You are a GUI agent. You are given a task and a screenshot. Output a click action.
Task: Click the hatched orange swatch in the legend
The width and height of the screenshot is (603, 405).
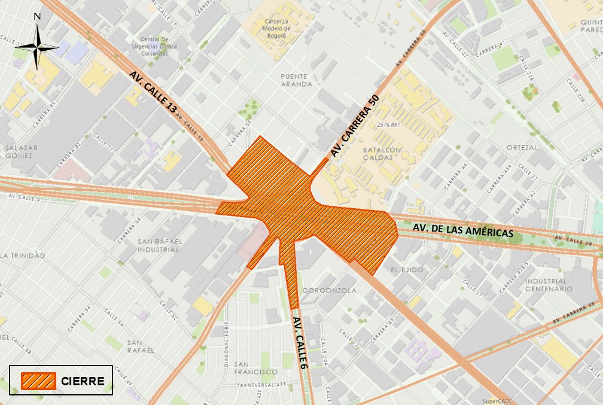[x=38, y=381]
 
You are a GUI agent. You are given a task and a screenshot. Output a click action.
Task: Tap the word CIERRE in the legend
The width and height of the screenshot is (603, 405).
[x=83, y=381]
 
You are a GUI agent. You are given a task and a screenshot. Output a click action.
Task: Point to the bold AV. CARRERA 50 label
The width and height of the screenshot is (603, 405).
[x=355, y=126]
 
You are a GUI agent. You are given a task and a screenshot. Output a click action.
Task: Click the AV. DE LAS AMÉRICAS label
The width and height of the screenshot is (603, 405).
[x=463, y=230]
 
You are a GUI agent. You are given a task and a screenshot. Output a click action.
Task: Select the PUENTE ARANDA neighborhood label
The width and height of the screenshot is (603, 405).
[x=296, y=80]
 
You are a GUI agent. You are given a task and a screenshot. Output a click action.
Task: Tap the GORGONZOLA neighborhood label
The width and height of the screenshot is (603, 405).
[x=330, y=291]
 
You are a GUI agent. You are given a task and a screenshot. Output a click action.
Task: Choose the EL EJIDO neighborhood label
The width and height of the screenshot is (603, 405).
[x=407, y=270]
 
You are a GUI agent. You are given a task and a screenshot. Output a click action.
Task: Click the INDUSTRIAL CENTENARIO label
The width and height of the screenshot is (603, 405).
[x=546, y=285]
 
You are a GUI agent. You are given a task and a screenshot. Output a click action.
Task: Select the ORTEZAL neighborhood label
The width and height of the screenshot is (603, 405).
[x=522, y=147]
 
